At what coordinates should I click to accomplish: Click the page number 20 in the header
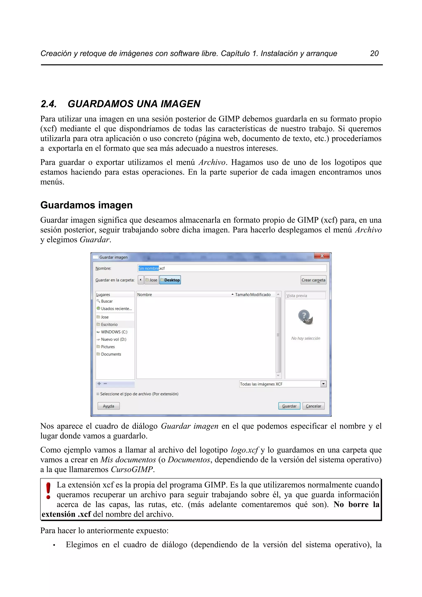tap(374, 53)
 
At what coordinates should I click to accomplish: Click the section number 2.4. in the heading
tap(49, 104)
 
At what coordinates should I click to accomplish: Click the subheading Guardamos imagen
tap(86, 205)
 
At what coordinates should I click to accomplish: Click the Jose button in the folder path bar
tap(152, 280)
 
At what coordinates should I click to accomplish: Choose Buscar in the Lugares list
tap(107, 301)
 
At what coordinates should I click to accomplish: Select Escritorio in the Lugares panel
tap(109, 324)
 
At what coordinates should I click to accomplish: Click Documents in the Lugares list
tap(111, 354)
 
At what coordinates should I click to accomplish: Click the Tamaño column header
tap(242, 295)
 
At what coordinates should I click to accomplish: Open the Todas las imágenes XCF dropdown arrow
tap(324, 384)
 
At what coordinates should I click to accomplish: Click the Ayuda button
tap(108, 406)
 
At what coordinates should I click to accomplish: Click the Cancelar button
tap(313, 406)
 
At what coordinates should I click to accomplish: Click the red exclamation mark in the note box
tap(48, 491)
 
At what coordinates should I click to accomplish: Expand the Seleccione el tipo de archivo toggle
tap(98, 394)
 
